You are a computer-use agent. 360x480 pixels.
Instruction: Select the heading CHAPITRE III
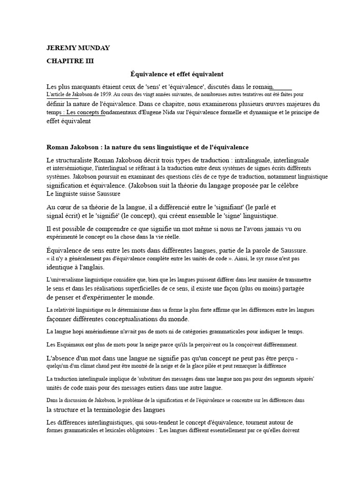[70, 61]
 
